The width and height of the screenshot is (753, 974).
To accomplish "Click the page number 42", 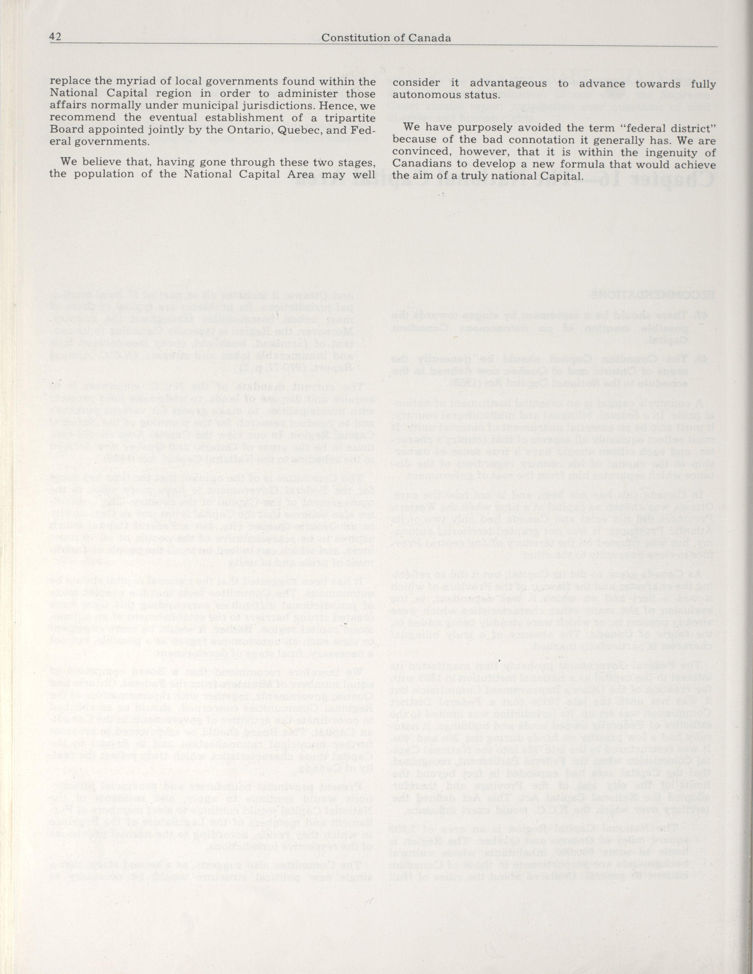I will (55, 37).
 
